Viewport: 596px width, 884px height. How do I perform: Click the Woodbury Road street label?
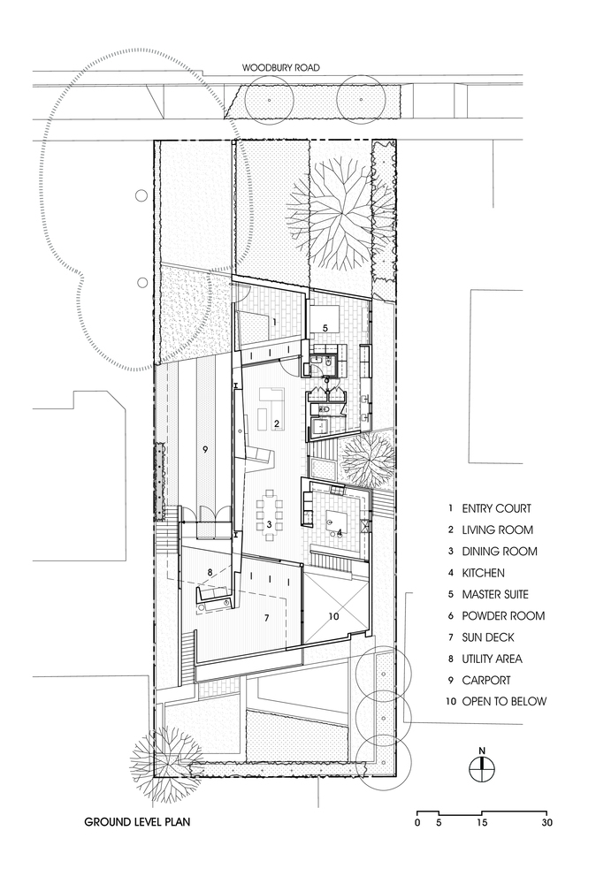point(282,68)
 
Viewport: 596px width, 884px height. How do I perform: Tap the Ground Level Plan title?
point(137,821)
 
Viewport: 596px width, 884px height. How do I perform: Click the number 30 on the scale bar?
point(547,822)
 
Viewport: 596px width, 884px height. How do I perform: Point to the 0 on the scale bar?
point(416,822)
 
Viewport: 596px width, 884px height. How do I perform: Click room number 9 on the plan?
point(204,450)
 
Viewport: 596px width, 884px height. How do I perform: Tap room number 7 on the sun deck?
point(265,618)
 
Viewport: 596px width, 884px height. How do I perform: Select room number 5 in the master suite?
point(325,328)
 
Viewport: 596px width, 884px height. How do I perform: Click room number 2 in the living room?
point(277,424)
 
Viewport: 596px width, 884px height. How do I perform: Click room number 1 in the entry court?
point(275,323)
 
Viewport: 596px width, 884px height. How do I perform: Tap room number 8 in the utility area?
point(210,572)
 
